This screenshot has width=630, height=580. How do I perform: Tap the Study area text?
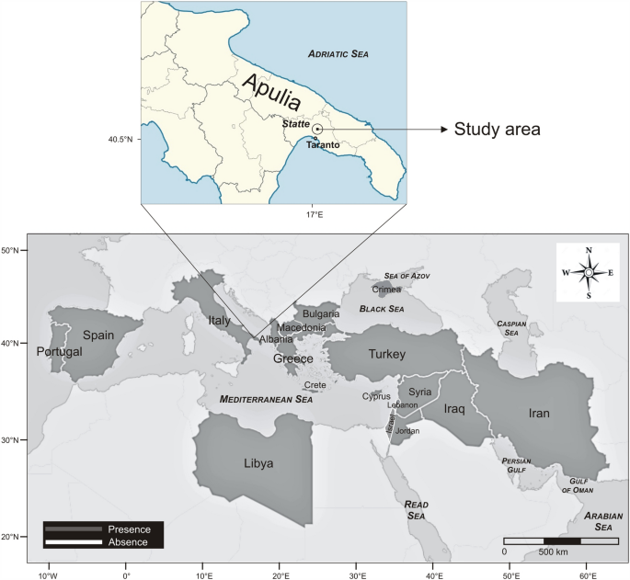(498, 130)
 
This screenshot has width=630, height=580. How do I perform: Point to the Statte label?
(295, 123)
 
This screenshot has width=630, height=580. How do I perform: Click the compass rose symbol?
(588, 272)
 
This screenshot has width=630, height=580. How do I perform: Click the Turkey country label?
(387, 354)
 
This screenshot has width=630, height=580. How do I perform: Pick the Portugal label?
(59, 351)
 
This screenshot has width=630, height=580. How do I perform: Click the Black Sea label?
(382, 309)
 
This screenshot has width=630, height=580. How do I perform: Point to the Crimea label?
(386, 290)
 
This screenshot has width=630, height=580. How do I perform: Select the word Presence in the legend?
(129, 529)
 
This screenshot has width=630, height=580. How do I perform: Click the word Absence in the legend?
(129, 541)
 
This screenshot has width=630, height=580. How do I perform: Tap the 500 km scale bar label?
(552, 552)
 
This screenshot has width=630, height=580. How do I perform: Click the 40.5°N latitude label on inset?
(120, 140)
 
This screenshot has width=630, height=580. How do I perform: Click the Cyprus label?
(375, 396)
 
